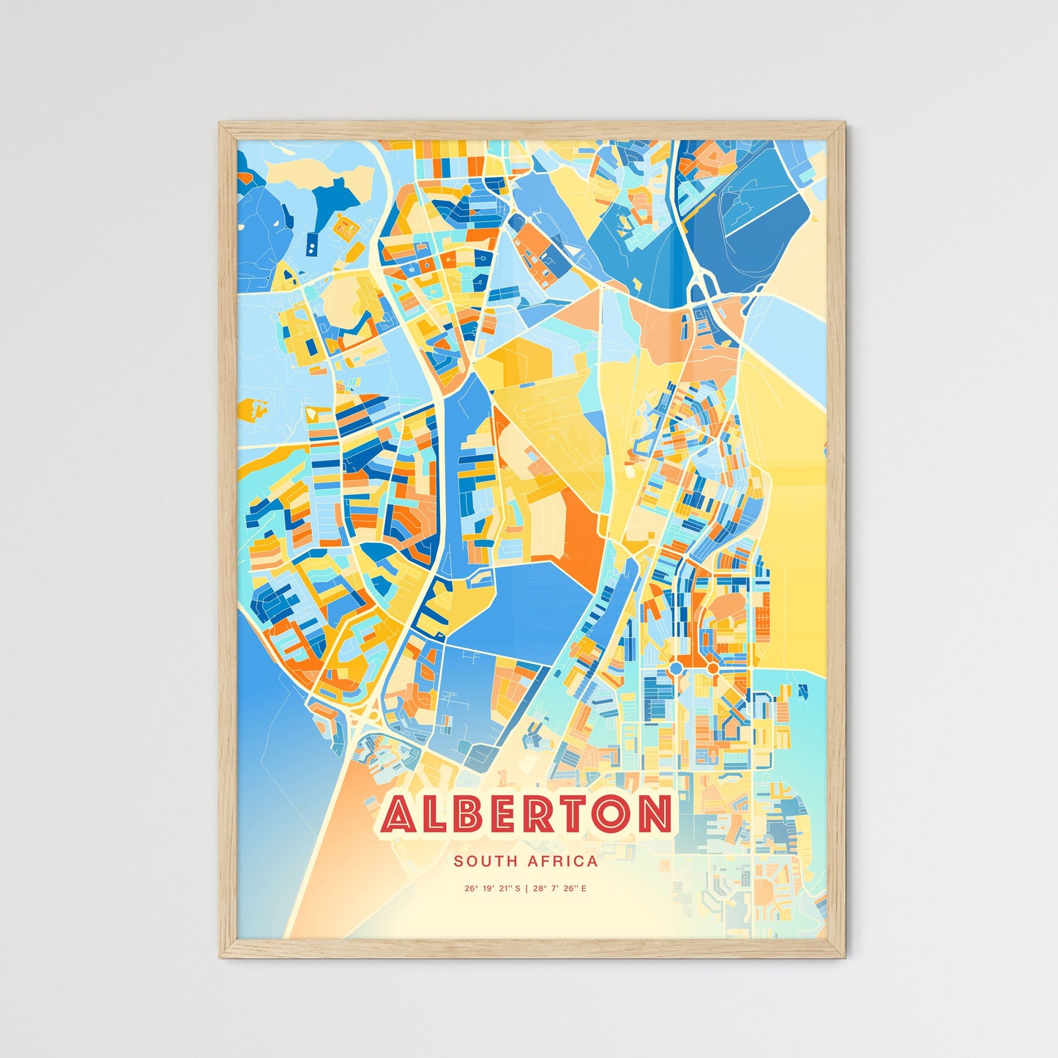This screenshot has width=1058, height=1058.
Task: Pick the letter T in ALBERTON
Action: click(577, 814)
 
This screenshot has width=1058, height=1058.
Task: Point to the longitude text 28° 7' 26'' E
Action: click(560, 889)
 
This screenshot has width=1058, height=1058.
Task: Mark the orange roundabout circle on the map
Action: click(712, 668)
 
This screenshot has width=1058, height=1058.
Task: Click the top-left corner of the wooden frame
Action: click(221, 124)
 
